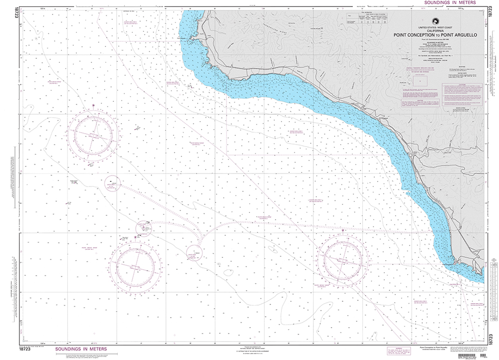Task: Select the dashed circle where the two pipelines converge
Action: tap(194, 252)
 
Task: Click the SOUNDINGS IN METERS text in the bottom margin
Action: tap(78, 350)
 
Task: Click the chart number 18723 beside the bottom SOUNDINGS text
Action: tap(25, 350)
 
